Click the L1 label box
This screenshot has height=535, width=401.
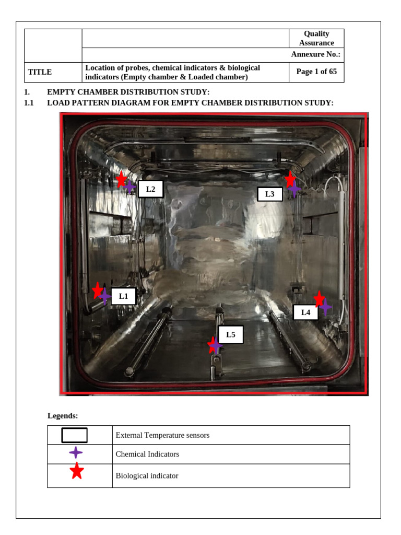123,296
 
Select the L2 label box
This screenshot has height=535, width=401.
150,189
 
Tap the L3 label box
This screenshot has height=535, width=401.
269,194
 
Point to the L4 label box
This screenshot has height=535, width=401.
305,312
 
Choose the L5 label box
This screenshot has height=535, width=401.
230,334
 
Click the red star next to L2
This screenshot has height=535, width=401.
121,180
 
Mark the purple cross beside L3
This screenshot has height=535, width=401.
294,189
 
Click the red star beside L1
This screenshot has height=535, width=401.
97,290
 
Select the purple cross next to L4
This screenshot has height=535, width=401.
325,307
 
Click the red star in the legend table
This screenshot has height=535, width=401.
77,471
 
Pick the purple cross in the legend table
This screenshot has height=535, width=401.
76,453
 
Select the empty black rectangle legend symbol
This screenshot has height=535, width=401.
75,435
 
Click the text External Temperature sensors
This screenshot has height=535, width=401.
162,435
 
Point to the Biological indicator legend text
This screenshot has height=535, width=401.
147,476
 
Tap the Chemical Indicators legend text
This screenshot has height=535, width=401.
147,455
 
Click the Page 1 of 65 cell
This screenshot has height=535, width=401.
316,72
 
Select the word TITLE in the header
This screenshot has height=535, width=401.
40,73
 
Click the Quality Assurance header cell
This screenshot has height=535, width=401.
316,38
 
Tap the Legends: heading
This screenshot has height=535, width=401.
63,416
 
